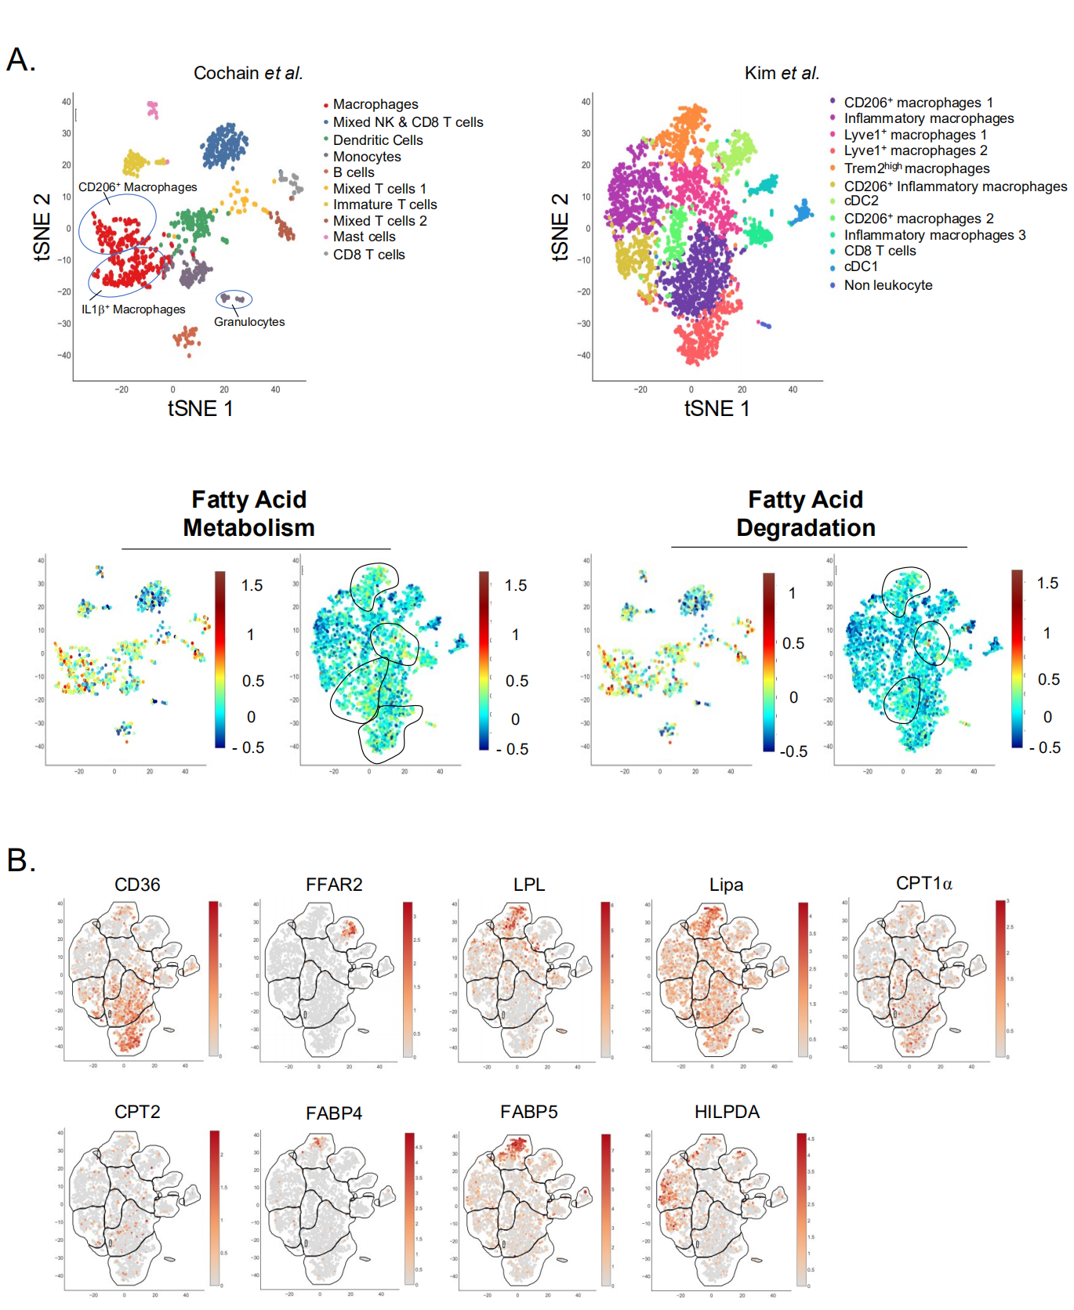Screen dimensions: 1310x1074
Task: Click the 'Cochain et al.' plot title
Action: click(x=248, y=73)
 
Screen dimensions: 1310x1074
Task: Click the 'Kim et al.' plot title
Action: click(x=782, y=73)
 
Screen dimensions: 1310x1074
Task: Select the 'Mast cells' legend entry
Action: click(x=364, y=237)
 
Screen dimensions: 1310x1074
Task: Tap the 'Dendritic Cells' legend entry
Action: click(x=377, y=140)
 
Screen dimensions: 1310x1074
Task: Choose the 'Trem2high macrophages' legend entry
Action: click(x=916, y=168)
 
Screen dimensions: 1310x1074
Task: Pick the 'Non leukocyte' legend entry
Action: click(x=887, y=285)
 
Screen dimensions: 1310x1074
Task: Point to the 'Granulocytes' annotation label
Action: click(x=249, y=322)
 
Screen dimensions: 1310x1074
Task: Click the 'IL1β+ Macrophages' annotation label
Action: click(x=133, y=309)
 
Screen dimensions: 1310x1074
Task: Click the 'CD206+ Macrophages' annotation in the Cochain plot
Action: click(x=137, y=187)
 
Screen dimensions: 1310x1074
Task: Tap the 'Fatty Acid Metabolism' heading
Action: click(x=249, y=513)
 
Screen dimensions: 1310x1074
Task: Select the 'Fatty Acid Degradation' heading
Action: click(x=805, y=513)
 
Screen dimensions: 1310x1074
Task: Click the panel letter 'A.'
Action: click(x=21, y=60)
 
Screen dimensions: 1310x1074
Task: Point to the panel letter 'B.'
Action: click(x=21, y=860)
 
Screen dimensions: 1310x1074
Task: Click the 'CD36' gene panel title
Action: click(x=137, y=885)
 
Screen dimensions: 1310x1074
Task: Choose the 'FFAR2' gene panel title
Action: click(x=334, y=885)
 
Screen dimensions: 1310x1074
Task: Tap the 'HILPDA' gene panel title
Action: click(x=727, y=1112)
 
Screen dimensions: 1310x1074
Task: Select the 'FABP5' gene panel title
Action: click(x=529, y=1112)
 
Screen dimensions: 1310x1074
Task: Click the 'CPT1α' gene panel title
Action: click(x=923, y=884)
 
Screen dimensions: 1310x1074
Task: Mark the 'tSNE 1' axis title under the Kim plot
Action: click(x=717, y=408)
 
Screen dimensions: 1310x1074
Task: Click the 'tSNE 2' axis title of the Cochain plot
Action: click(x=42, y=227)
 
